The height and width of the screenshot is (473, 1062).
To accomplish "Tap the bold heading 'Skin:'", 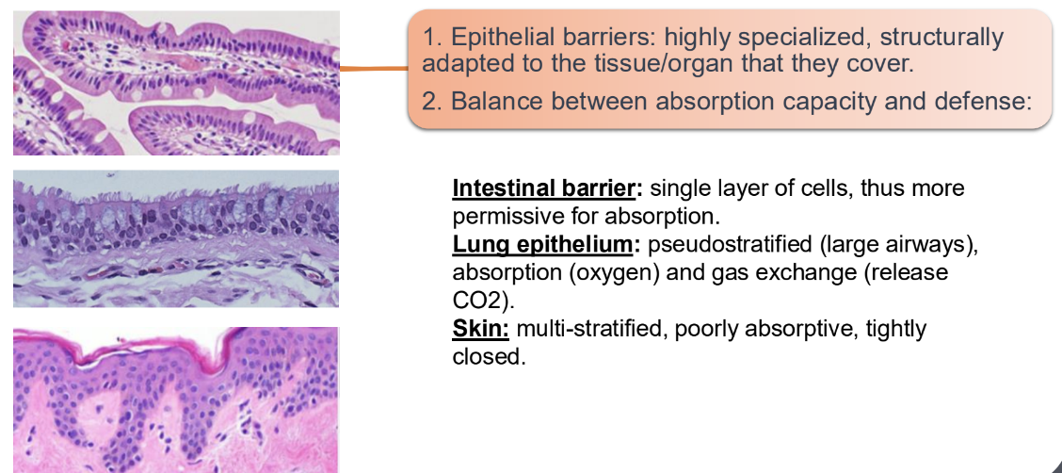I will pyautogui.click(x=481, y=329).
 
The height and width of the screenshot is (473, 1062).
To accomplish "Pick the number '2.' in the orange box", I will pyautogui.click(x=432, y=101).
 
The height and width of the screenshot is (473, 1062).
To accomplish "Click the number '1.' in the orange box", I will pyautogui.click(x=432, y=38).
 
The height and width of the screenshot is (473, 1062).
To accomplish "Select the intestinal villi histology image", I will pyautogui.click(x=176, y=83).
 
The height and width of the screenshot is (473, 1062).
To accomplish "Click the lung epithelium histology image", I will pyautogui.click(x=176, y=238).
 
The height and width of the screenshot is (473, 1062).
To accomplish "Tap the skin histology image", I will pyautogui.click(x=176, y=400).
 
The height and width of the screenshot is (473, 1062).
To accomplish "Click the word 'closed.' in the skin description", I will pyautogui.click(x=488, y=357).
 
